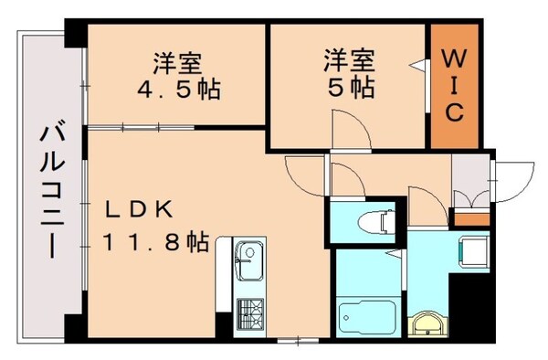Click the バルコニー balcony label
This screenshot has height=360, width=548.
(46, 192)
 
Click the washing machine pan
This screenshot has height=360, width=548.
(475, 249)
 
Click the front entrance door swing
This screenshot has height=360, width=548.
(513, 177)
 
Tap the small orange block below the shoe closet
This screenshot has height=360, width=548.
(471, 218)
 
